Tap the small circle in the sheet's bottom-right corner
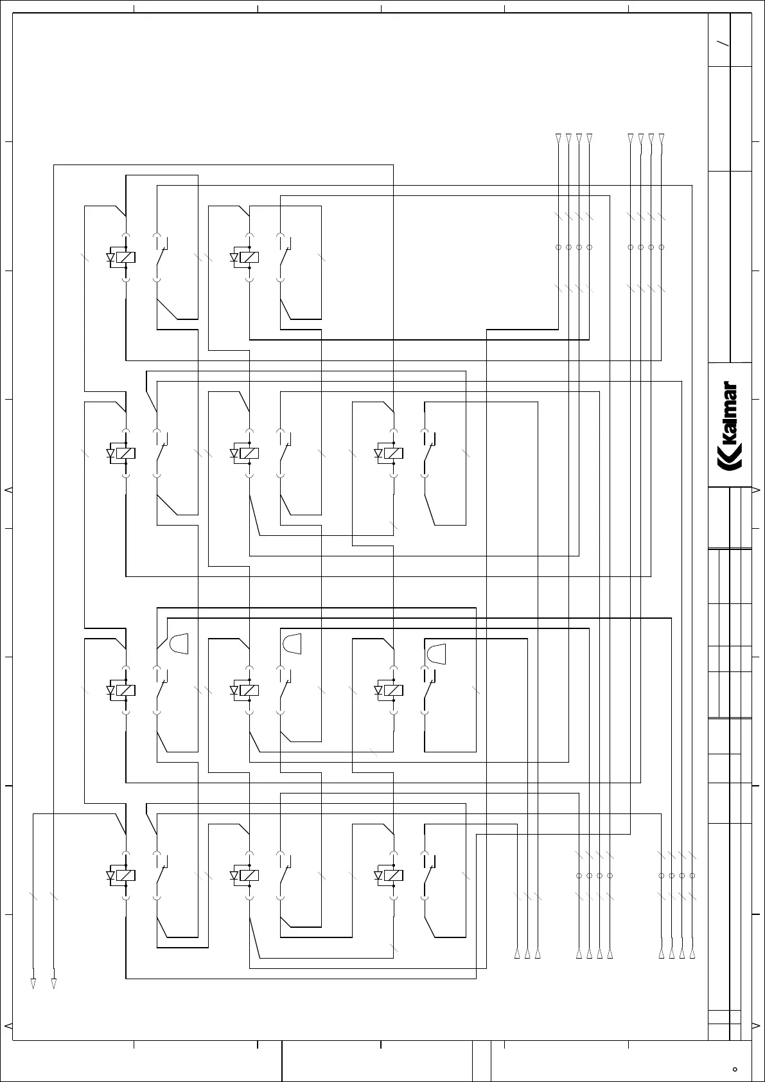(735, 1069)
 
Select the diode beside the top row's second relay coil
(234, 258)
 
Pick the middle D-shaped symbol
(292, 643)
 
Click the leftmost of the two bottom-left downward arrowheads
(33, 984)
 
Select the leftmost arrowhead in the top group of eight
(558, 137)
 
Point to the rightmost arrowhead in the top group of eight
(662, 137)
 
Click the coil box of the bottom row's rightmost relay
(394, 875)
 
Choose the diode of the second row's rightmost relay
(378, 454)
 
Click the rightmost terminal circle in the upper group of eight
(662, 247)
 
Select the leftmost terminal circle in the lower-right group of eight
(579, 876)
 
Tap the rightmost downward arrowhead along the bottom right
(692, 954)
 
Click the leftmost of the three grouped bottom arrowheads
(517, 954)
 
